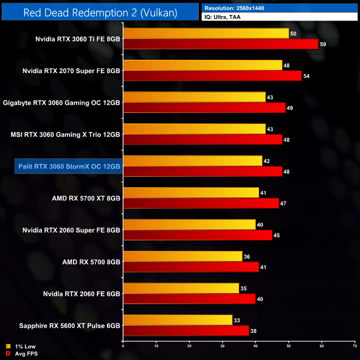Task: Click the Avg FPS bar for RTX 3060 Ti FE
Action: coord(220,44)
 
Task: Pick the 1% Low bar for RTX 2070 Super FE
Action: coord(202,65)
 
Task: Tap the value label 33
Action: coord(237,320)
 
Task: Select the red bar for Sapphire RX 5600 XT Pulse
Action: coord(186,330)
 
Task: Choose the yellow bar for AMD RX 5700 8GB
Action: coord(182,256)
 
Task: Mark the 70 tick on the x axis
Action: coord(354,346)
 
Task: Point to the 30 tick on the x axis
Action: coord(223,346)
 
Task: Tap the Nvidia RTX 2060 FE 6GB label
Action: coord(78,293)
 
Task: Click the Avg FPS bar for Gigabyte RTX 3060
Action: coord(204,107)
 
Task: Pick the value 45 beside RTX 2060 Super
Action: coord(277,235)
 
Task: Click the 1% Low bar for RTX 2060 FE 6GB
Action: coord(181,288)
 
